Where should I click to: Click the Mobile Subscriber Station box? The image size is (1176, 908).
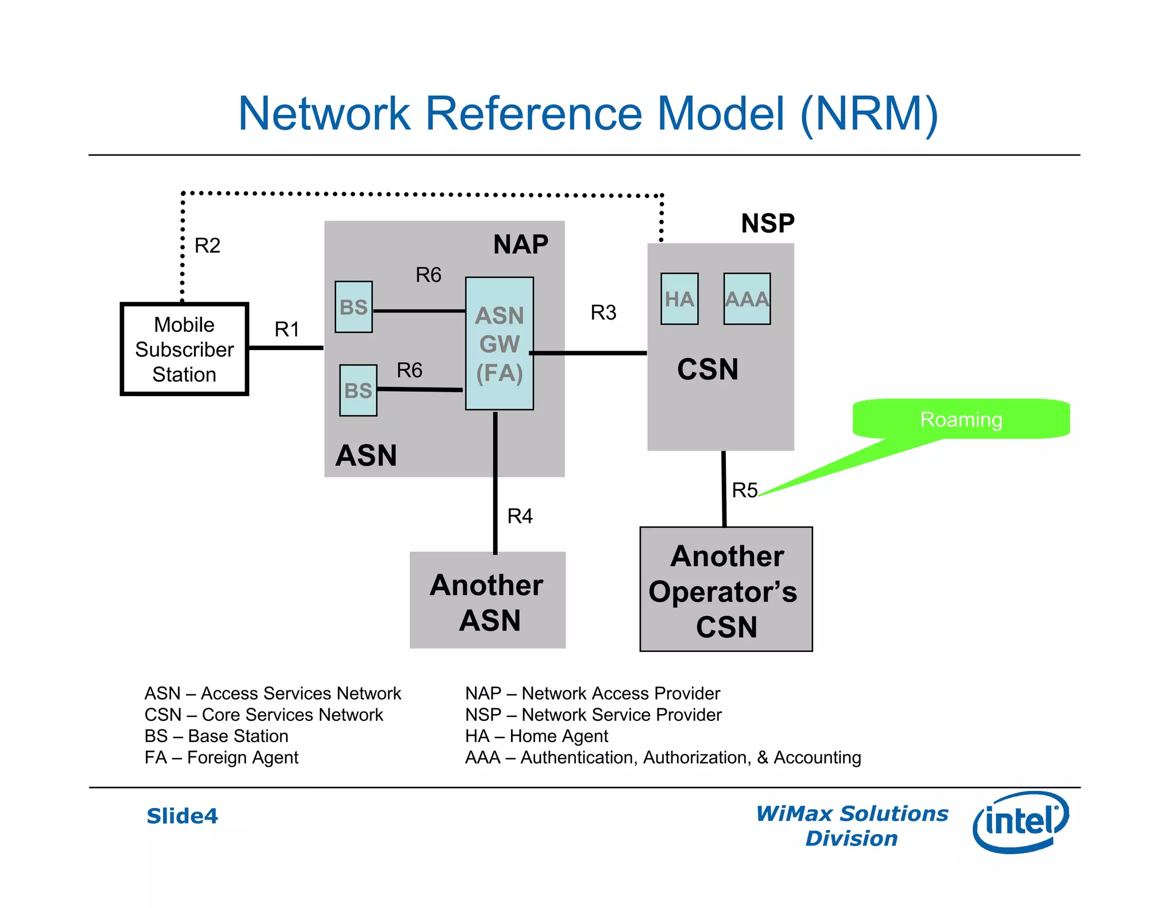tap(184, 349)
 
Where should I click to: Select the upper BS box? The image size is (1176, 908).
tap(354, 307)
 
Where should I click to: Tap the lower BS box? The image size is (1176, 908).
tap(358, 390)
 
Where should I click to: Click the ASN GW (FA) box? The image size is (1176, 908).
tap(500, 343)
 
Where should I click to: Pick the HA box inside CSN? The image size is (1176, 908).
tap(679, 299)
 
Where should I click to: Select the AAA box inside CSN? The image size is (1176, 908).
tap(746, 299)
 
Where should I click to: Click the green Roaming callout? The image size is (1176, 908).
tap(961, 419)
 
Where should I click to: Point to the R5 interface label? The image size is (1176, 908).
tap(745, 490)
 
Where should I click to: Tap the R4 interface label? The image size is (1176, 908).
tap(520, 516)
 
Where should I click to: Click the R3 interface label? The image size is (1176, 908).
tap(603, 312)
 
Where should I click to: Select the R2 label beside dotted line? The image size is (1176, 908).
tap(207, 246)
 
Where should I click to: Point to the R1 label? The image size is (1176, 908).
tap(287, 329)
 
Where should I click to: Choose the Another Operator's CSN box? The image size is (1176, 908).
tap(726, 589)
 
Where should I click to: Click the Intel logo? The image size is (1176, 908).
tap(1020, 822)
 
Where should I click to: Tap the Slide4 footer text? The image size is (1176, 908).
tap(182, 816)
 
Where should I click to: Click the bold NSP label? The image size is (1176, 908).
tap(768, 223)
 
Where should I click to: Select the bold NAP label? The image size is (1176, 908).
tap(520, 245)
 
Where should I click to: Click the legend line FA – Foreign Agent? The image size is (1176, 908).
tap(221, 758)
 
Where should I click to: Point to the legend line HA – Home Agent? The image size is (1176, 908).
tap(536, 736)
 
